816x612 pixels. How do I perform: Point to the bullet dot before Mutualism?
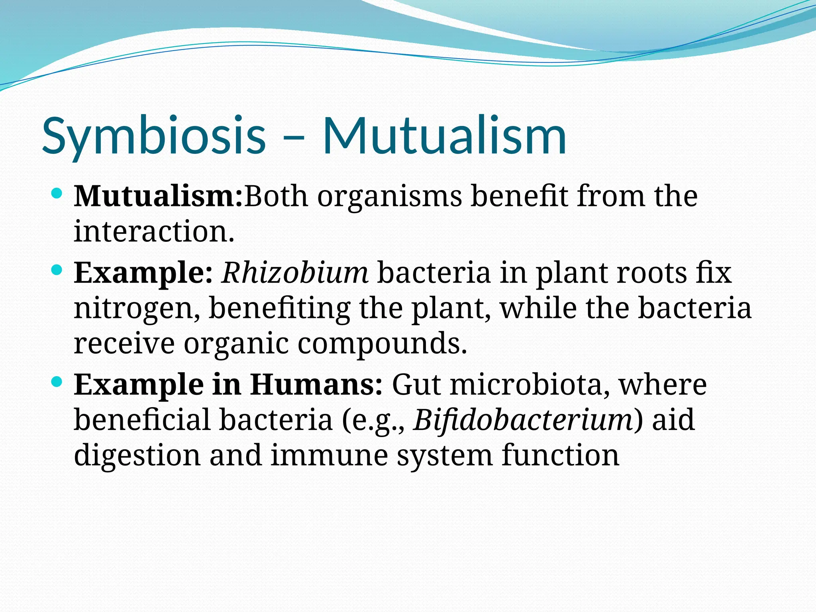click(x=57, y=194)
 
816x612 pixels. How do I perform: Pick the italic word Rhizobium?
click(x=295, y=273)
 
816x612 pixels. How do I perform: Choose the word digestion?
click(x=137, y=455)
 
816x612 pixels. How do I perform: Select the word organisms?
click(x=389, y=197)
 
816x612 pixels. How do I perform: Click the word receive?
click(x=124, y=343)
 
